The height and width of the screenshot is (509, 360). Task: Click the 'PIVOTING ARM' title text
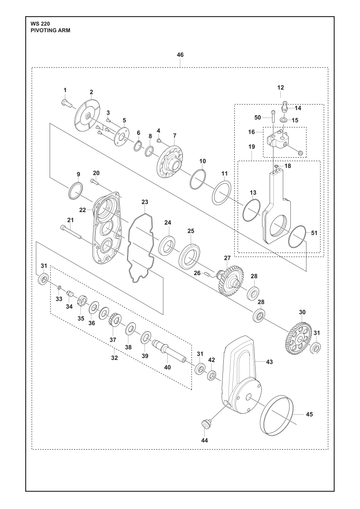click(x=50, y=30)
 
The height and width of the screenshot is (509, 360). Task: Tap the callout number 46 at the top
click(x=180, y=55)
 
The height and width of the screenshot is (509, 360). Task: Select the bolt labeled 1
click(x=67, y=102)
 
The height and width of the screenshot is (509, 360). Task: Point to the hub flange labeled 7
click(x=172, y=162)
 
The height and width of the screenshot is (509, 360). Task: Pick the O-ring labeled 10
click(x=198, y=179)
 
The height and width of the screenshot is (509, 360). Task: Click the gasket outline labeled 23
click(x=141, y=248)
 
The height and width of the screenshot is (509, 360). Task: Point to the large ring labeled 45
click(x=277, y=415)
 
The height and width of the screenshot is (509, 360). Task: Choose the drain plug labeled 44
click(x=205, y=425)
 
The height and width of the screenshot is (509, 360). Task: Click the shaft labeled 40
click(x=169, y=350)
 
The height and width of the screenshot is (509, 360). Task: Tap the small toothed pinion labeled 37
click(x=113, y=320)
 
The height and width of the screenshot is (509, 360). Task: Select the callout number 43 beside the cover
click(x=269, y=362)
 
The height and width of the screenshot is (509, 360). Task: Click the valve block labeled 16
click(x=279, y=141)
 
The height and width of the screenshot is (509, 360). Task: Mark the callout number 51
click(x=314, y=233)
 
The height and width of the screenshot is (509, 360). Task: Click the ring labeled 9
click(x=76, y=191)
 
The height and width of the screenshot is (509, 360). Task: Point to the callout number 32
click(x=114, y=358)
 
